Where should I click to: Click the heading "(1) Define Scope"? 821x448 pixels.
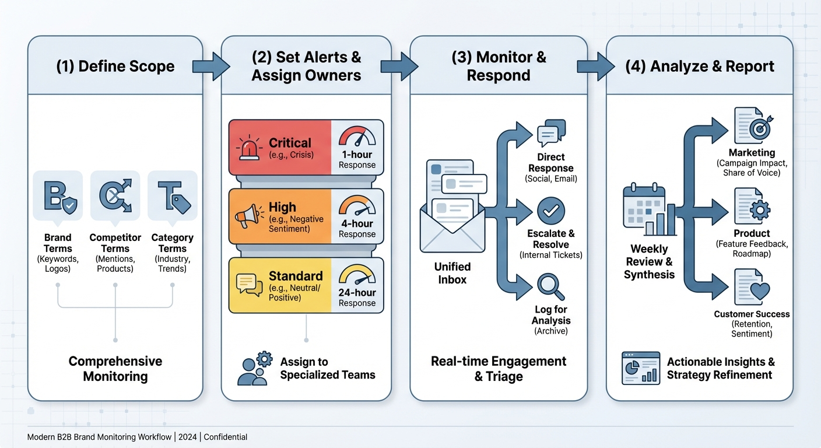[115, 66]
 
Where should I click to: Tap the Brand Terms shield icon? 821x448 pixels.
[58, 195]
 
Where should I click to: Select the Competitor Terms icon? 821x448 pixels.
[115, 195]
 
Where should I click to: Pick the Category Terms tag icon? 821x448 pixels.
[173, 195]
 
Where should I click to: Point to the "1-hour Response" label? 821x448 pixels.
[357, 160]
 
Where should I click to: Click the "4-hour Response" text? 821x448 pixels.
[357, 229]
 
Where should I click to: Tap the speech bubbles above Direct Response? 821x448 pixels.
[551, 134]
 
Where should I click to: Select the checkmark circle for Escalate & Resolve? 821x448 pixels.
[551, 211]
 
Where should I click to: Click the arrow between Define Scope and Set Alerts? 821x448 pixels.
[211, 66]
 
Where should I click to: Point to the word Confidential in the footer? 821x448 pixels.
[225, 437]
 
